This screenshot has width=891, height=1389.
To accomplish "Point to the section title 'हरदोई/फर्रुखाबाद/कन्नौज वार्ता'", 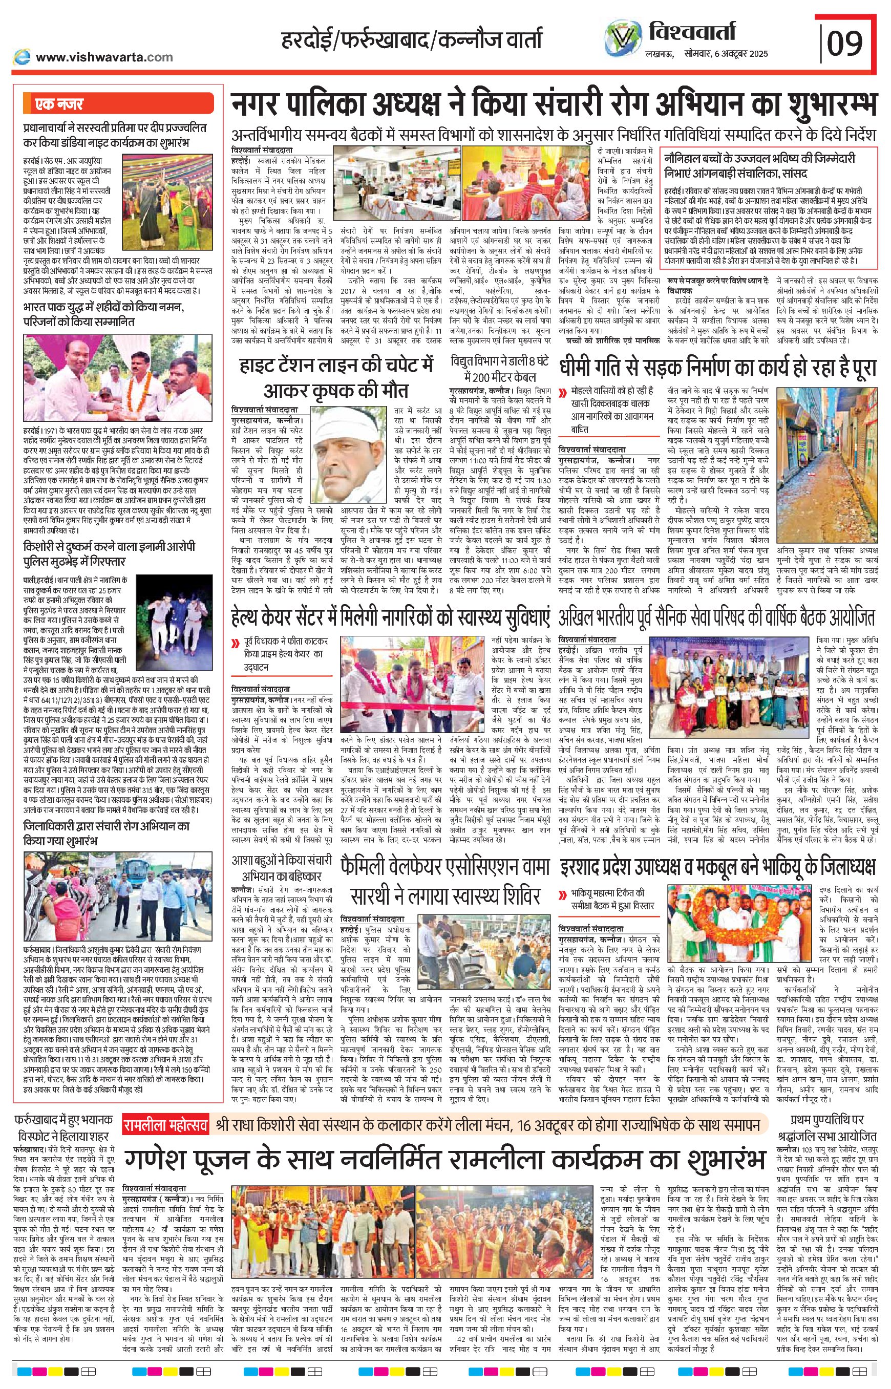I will tap(412, 41).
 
